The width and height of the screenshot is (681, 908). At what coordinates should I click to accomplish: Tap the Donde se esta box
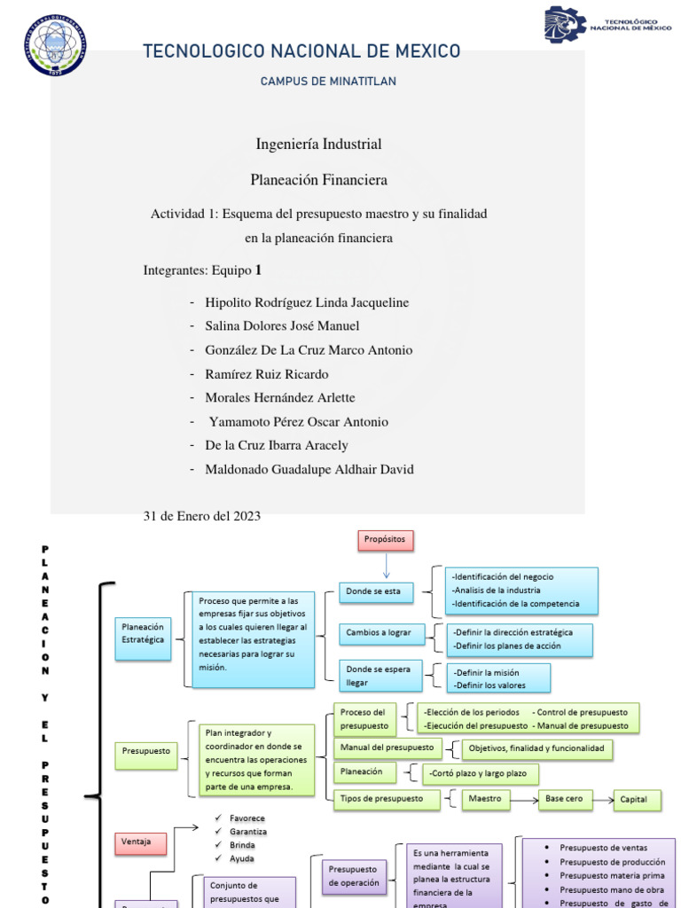[376, 592]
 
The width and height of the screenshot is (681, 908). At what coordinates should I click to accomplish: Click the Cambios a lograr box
[381, 633]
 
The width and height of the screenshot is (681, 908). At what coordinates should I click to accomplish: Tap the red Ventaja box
[141, 841]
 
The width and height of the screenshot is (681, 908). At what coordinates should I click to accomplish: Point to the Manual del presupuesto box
[387, 748]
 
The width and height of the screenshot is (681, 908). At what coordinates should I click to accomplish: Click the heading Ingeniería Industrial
[318, 144]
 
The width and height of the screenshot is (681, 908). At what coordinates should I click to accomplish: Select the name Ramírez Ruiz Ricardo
[266, 374]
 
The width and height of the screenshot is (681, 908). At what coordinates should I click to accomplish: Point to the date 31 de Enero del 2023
[201, 516]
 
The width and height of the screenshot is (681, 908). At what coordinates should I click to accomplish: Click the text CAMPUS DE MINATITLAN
[328, 82]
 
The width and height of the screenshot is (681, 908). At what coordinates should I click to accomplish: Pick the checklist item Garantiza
[247, 832]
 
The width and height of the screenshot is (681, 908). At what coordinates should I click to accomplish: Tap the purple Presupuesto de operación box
[353, 875]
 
